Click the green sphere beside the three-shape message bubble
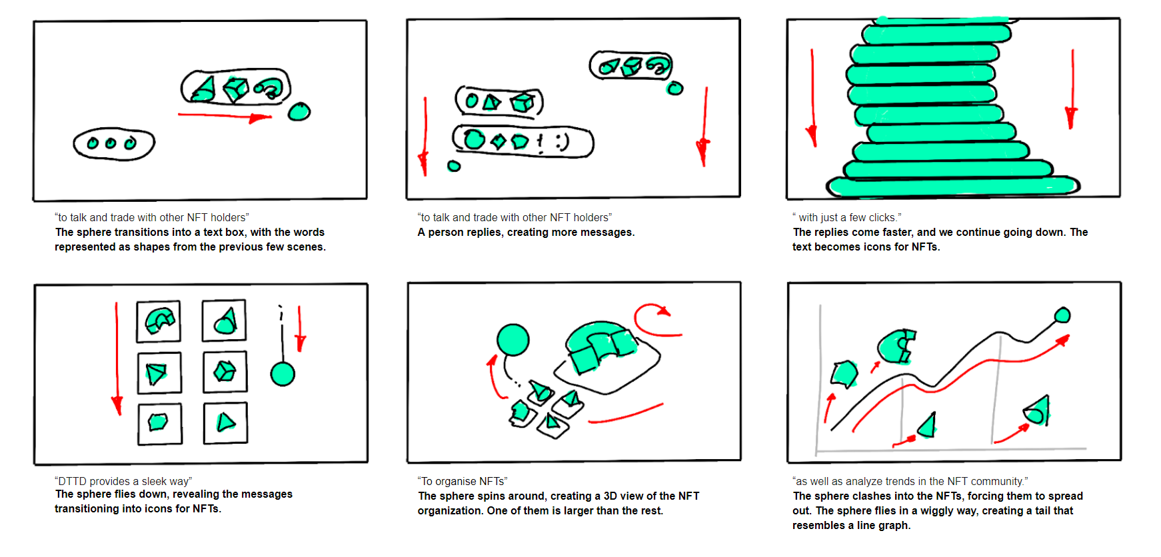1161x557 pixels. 299,111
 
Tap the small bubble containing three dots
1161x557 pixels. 114,143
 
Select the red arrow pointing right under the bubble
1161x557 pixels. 225,117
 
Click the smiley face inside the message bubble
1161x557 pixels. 563,141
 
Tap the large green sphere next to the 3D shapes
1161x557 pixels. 513,340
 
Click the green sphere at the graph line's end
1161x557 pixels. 1062,315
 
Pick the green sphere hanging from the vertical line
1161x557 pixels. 283,374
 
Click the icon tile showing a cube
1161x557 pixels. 225,372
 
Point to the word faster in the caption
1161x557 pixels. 892,232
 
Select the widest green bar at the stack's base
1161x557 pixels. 953,187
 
